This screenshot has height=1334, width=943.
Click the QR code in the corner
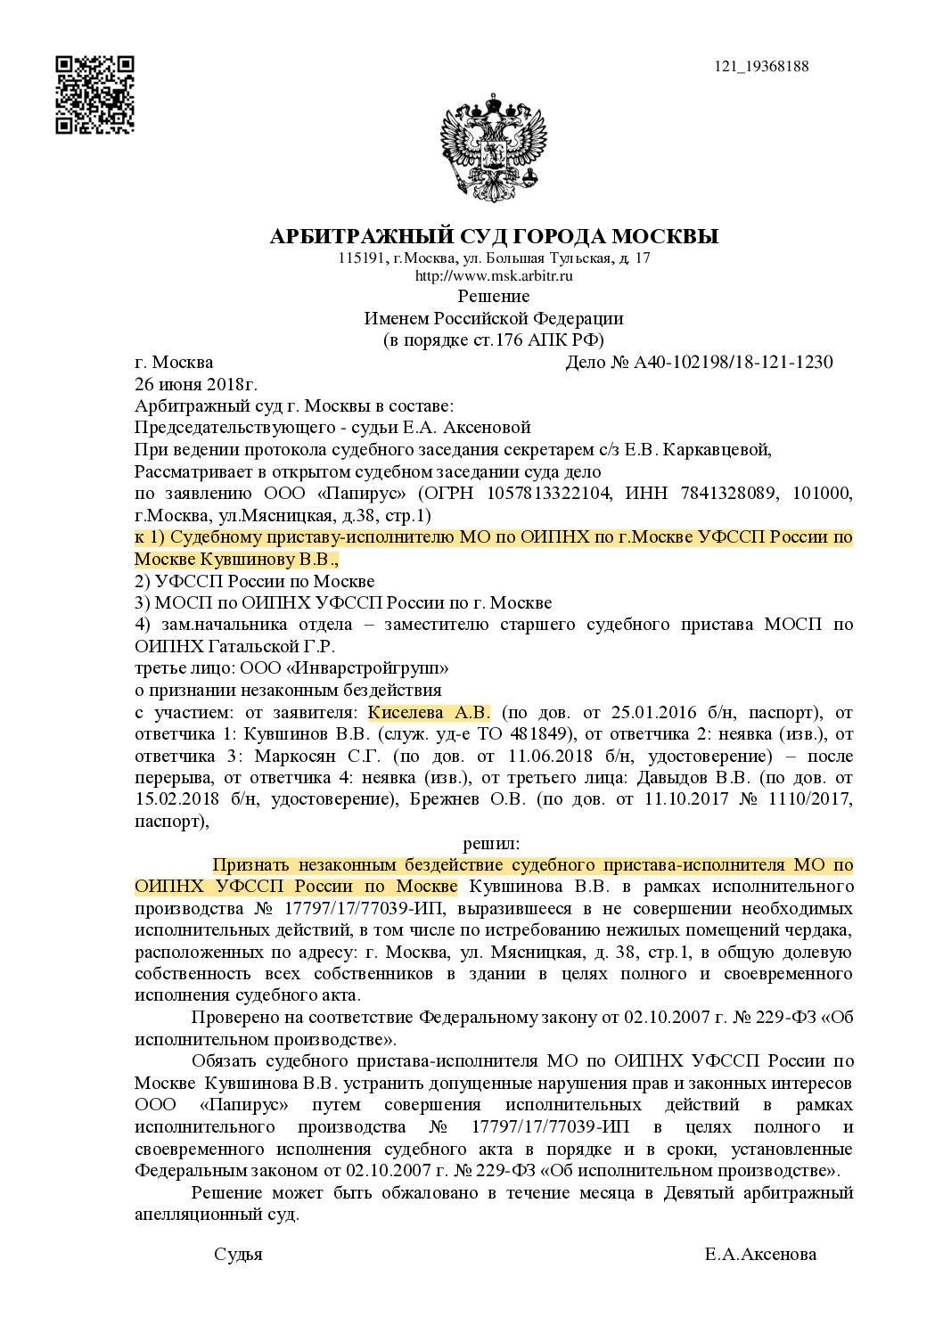(95, 94)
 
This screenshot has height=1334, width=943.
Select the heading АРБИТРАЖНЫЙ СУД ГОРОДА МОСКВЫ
(494, 236)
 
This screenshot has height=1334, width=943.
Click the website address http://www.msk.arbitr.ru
(494, 276)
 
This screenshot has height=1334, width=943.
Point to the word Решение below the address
(494, 296)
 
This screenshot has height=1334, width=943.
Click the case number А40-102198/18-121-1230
(733, 363)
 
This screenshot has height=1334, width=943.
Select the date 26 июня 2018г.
(195, 385)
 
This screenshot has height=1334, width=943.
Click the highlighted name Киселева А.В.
(429, 713)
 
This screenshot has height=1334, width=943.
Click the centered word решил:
(491, 842)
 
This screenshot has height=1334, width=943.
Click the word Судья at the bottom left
(238, 1254)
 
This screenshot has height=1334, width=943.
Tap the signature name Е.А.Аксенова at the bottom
(760, 1254)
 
